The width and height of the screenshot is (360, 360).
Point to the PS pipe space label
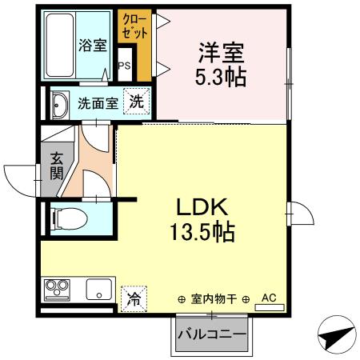(x=124, y=66)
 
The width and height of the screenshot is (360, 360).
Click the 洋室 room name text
(x=222, y=54)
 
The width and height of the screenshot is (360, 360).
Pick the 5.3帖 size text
(x=222, y=78)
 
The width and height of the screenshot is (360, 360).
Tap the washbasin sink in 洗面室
(x=60, y=104)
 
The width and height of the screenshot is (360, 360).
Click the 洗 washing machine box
(x=138, y=102)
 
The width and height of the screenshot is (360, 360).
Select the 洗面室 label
(x=98, y=104)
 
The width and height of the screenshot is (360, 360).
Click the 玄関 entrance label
(x=57, y=166)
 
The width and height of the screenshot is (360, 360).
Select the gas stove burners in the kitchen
(x=57, y=287)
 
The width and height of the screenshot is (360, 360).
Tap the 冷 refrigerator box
(x=133, y=299)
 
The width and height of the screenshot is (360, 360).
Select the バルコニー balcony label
(x=211, y=334)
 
